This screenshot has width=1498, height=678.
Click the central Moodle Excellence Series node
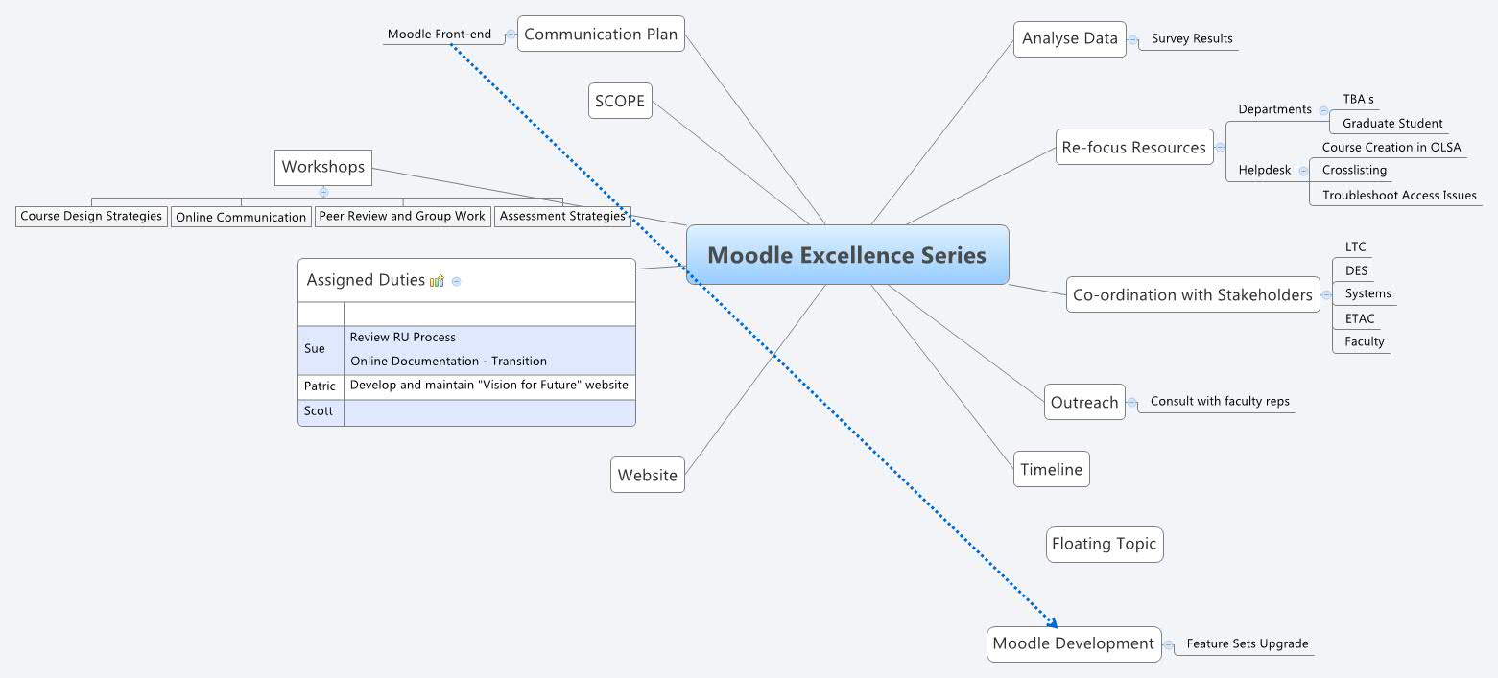(x=847, y=255)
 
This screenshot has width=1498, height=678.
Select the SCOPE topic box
(x=620, y=101)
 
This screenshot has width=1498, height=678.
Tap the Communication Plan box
(x=601, y=35)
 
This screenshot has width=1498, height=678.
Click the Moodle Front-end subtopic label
(x=440, y=35)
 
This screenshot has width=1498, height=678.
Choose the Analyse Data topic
(x=1069, y=39)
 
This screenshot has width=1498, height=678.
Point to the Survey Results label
(x=1192, y=39)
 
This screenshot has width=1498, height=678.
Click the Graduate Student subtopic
(x=1392, y=124)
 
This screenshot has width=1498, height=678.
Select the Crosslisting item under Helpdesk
(x=1354, y=171)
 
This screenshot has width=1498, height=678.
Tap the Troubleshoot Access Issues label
(x=1399, y=196)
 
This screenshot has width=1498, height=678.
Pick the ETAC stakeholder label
(x=1360, y=318)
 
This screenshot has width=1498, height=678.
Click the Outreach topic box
(x=1084, y=403)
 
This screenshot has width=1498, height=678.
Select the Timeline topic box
(x=1051, y=470)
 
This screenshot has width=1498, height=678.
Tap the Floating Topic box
(x=1104, y=544)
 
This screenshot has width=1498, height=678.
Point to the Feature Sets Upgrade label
(x=1247, y=644)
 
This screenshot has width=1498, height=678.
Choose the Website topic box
(x=648, y=476)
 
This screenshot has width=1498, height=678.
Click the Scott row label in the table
(x=320, y=411)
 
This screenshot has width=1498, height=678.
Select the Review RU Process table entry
(x=403, y=338)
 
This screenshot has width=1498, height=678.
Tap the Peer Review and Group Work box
(x=402, y=217)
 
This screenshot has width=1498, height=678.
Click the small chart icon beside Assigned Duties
(x=437, y=281)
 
